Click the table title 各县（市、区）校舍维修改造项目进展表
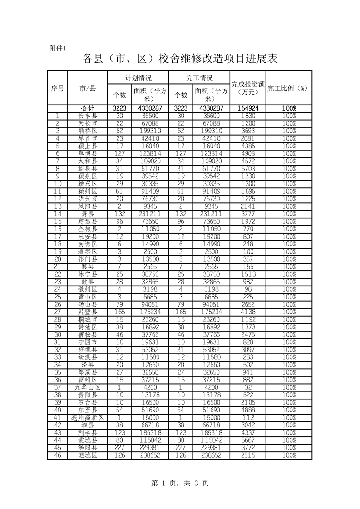(x=180, y=59)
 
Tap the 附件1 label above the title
(x=58, y=49)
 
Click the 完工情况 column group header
(x=199, y=78)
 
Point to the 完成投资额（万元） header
(x=248, y=88)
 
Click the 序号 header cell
(x=57, y=88)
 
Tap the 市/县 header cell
(x=87, y=88)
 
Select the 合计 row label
(x=87, y=108)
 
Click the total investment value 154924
(x=248, y=108)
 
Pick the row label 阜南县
(x=87, y=154)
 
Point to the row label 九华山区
(x=87, y=388)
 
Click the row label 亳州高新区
(x=87, y=418)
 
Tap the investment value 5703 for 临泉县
(x=248, y=169)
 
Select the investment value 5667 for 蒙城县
(x=248, y=440)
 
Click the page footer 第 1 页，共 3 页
(x=180, y=484)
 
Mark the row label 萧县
(x=87, y=214)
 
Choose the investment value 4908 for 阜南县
(x=248, y=154)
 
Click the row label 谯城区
(x=87, y=455)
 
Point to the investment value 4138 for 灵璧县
(x=248, y=312)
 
